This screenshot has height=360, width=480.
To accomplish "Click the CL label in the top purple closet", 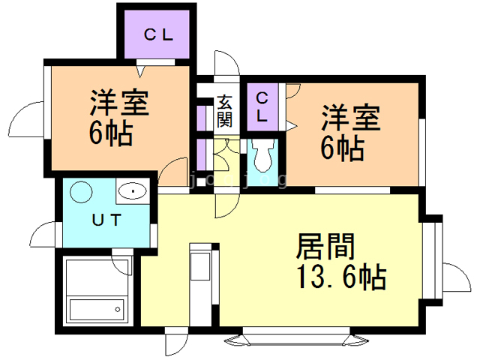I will tap(158, 34).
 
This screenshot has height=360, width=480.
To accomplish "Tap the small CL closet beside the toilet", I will tap(262, 107).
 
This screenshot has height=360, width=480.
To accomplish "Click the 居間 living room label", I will tap(326, 246).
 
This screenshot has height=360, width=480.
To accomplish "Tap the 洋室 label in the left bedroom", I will tap(120, 103).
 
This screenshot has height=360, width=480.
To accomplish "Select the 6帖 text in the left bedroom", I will tap(110, 135).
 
